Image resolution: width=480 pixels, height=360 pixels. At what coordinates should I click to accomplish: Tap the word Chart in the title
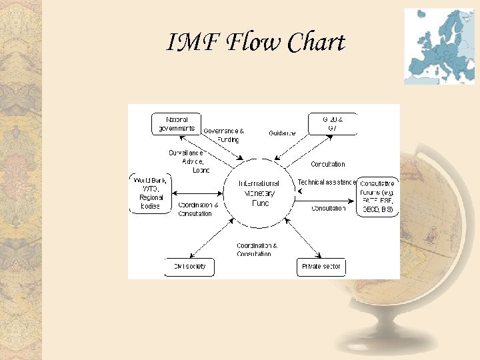pos(317,43)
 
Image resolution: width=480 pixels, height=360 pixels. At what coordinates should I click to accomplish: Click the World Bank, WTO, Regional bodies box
pos(151,193)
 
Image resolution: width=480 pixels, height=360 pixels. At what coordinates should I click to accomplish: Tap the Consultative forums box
pos(377,196)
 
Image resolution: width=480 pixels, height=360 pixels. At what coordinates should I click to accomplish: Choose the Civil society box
pos(190,267)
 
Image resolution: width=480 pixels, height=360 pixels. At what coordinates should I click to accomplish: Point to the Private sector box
pos(322,267)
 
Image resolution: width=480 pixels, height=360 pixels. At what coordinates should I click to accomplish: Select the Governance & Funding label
pos(223,135)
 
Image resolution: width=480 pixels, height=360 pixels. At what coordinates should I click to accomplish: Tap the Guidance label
pos(282,133)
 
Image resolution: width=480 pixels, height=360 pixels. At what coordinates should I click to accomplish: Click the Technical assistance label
pos(327,182)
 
